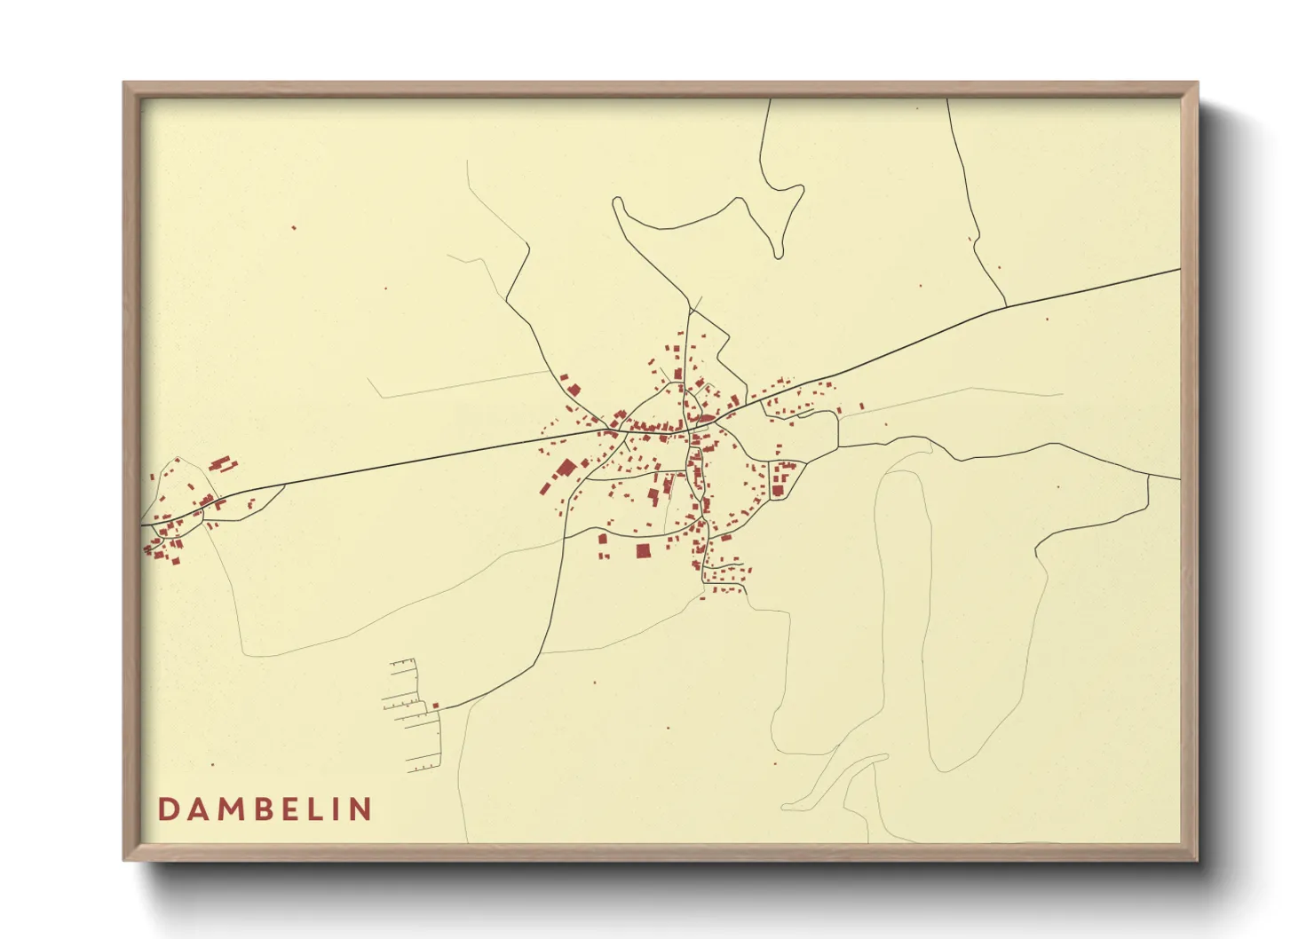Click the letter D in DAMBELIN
click(x=167, y=809)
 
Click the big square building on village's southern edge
click(x=644, y=551)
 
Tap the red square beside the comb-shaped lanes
click(x=436, y=706)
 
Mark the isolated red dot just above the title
click(x=212, y=764)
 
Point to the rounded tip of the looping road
click(x=779, y=255)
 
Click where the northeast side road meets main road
click(x=1006, y=306)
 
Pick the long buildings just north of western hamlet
click(x=221, y=463)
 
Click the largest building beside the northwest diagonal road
click(x=573, y=390)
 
